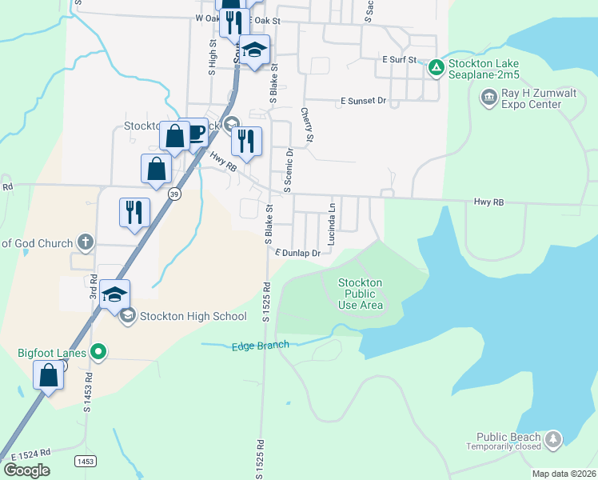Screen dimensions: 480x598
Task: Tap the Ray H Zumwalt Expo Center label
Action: pyautogui.click(x=540, y=98)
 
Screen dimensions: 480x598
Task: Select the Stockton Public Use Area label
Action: pyautogui.click(x=361, y=294)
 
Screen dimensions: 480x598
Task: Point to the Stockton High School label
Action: pyautogui.click(x=193, y=316)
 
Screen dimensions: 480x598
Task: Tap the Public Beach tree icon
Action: pyautogui.click(x=552, y=439)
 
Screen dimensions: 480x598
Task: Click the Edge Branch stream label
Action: pyautogui.click(x=260, y=346)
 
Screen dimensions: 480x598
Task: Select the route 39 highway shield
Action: pyautogui.click(x=174, y=193)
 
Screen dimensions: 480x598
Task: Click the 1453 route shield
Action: pyautogui.click(x=85, y=462)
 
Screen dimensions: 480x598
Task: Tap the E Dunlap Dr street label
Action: pyautogui.click(x=297, y=253)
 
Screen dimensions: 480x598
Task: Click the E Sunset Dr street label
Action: pyautogui.click(x=363, y=102)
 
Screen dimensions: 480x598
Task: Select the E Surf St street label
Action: pyautogui.click(x=400, y=60)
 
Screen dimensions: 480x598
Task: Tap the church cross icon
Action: pyautogui.click(x=86, y=242)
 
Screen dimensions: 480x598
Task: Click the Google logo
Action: pyautogui.click(x=26, y=470)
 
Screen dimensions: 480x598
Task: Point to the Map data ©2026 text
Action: pyautogui.click(x=564, y=474)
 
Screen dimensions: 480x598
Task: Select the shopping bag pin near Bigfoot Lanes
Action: pyautogui.click(x=49, y=374)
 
